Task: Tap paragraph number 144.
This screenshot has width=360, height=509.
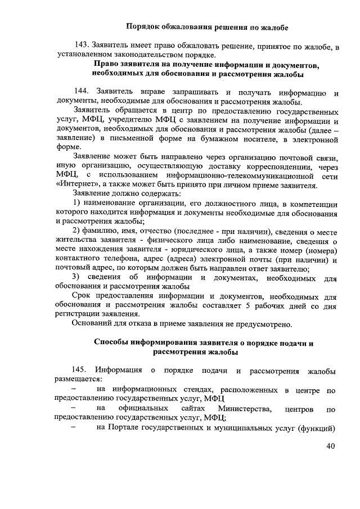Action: coord(82,92)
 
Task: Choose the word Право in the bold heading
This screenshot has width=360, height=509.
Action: coord(105,65)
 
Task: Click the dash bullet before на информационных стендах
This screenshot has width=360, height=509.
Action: coord(73,389)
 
